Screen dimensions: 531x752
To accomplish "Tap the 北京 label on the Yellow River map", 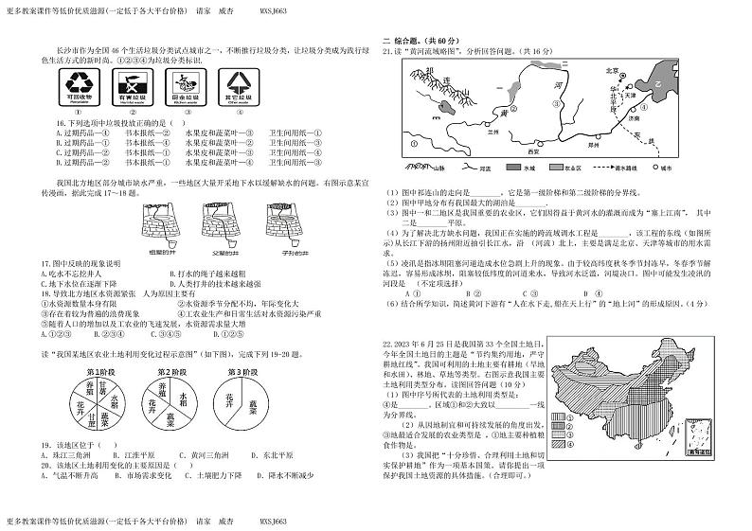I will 611,70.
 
